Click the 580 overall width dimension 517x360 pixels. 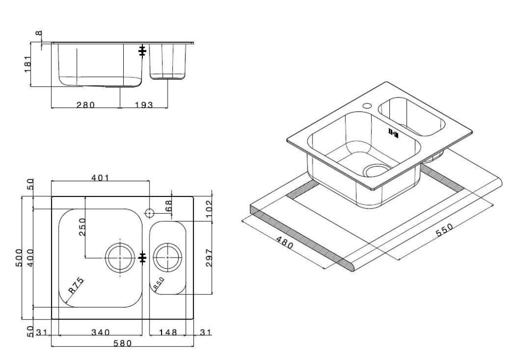click(x=122, y=343)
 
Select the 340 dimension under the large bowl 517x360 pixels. click(x=100, y=333)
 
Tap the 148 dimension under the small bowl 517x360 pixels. click(x=168, y=333)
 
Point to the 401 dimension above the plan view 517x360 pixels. click(x=100, y=178)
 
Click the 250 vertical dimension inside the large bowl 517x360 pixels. click(x=82, y=227)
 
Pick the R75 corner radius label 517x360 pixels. click(x=76, y=285)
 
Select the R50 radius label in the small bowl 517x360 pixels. click(x=159, y=284)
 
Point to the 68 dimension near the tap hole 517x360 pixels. click(x=168, y=207)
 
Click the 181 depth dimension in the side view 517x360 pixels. click(x=28, y=64)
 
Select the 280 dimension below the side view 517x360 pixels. click(x=86, y=105)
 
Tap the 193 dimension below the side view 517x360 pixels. click(x=144, y=105)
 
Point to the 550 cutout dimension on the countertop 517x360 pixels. click(x=444, y=230)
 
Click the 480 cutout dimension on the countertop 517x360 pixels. click(x=285, y=243)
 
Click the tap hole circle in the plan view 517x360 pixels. click(x=149, y=213)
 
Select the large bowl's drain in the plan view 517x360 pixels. click(x=120, y=258)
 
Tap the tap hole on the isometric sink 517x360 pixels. click(x=367, y=106)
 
